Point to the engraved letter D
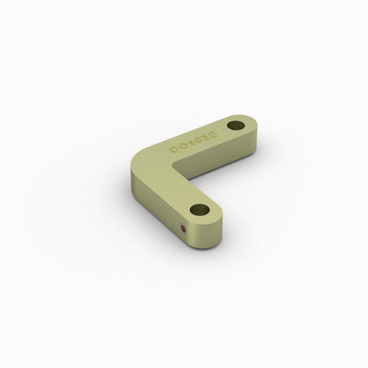click(173, 150)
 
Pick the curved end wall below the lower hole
click(211, 237)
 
